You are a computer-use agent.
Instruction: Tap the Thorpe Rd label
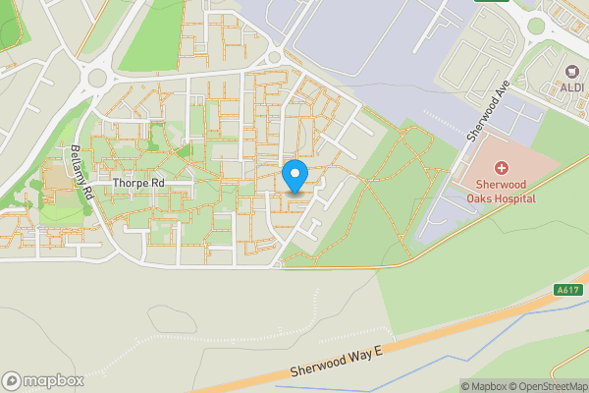click(x=139, y=183)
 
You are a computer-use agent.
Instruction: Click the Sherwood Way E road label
click(x=335, y=363)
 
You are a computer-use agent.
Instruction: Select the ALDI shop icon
click(x=571, y=71)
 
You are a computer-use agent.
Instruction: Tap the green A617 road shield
click(x=567, y=290)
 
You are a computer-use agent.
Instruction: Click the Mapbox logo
click(x=42, y=380)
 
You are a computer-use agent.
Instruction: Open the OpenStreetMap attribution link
click(x=547, y=386)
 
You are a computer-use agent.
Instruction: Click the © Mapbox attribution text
click(x=483, y=386)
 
